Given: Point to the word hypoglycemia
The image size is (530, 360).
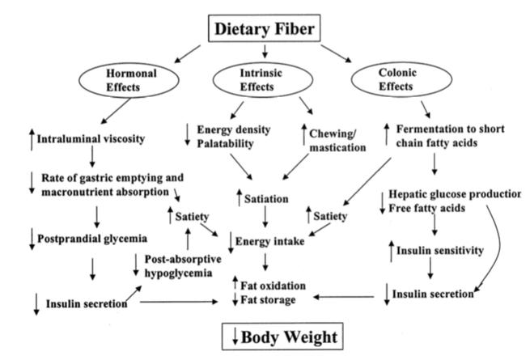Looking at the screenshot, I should point(180,273).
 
